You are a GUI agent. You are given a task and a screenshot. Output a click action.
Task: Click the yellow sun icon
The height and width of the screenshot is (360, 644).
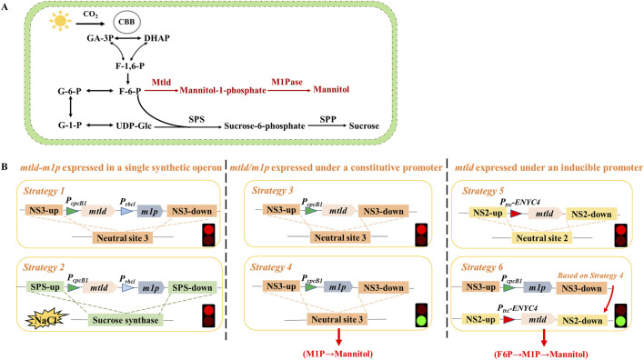(x=60, y=21)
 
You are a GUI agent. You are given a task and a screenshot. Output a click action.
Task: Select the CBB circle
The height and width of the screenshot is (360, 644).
(x=126, y=22)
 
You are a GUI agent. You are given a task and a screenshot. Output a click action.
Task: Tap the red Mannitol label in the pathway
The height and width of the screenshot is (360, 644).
(x=331, y=89)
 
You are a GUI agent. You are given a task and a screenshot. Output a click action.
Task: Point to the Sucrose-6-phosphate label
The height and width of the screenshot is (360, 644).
(x=265, y=126)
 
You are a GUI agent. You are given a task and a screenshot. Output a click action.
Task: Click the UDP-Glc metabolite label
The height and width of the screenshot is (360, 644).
(x=134, y=125)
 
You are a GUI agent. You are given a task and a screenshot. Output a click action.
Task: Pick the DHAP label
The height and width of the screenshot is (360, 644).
(x=156, y=38)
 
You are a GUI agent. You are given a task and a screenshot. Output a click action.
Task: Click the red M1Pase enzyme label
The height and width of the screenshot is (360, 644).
(x=287, y=82)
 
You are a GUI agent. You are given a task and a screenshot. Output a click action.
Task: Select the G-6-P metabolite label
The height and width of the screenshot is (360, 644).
(x=69, y=91)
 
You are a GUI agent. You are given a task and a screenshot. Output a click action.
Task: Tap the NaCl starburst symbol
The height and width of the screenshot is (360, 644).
(x=45, y=320)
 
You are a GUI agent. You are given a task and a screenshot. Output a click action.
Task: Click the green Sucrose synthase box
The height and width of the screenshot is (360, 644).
(x=126, y=320)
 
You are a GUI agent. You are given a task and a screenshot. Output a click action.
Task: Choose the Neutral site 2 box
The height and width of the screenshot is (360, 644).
(x=542, y=238)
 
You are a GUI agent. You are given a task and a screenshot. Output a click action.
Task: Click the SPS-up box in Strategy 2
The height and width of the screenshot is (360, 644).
(x=45, y=287)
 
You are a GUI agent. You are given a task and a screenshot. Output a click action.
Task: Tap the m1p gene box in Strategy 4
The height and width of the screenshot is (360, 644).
(x=338, y=287)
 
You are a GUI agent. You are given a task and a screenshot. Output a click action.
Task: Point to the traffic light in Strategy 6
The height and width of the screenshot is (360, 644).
(x=621, y=315)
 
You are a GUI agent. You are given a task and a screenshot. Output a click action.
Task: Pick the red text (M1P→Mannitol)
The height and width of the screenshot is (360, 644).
(x=338, y=354)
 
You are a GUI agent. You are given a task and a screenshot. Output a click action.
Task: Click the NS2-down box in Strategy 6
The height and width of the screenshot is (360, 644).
(x=582, y=320)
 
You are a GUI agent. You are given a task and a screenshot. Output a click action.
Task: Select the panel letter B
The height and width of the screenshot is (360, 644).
(x=5, y=167)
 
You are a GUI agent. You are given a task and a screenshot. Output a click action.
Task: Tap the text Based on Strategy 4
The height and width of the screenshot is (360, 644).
(x=590, y=275)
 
